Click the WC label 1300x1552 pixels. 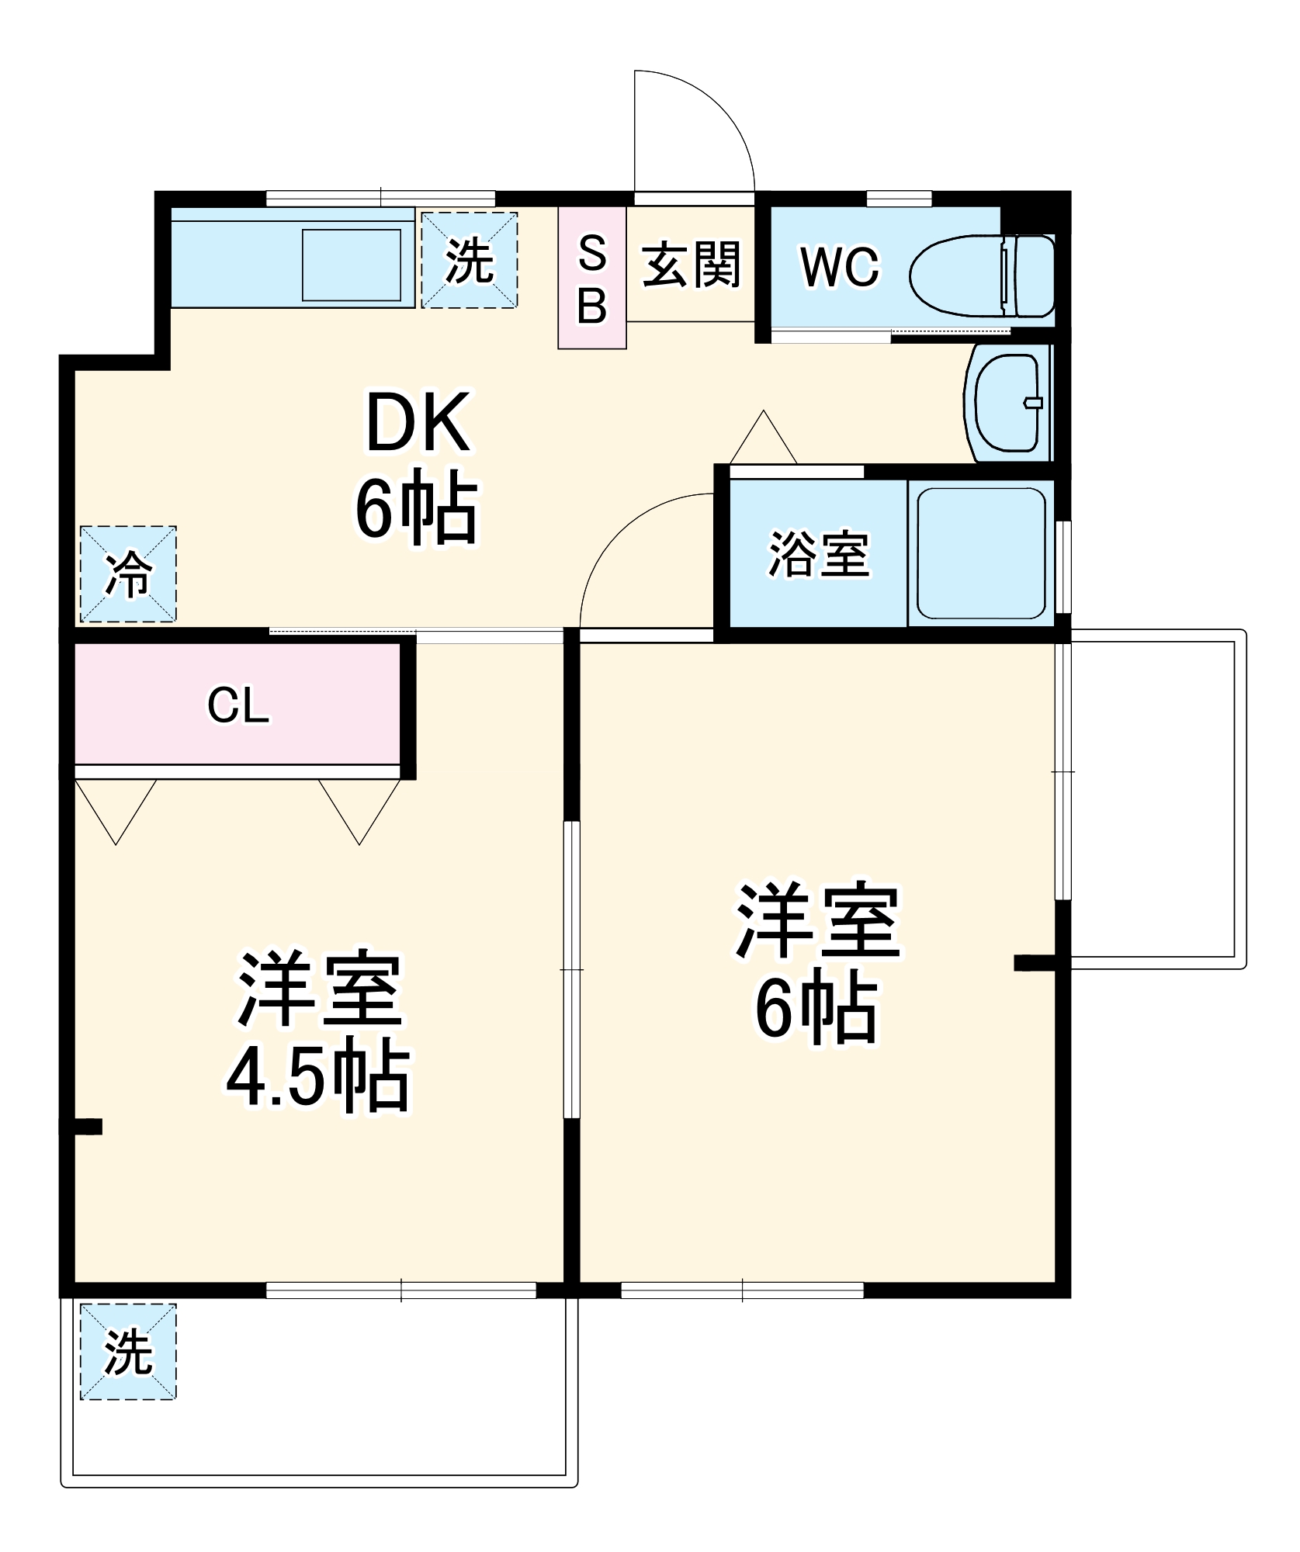click(x=840, y=268)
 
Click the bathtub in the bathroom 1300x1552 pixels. click(x=981, y=553)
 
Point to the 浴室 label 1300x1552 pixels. click(x=818, y=554)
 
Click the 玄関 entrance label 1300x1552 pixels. click(x=691, y=265)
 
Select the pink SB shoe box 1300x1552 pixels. click(x=591, y=277)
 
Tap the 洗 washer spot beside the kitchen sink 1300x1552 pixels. click(x=469, y=260)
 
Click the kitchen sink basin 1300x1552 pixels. click(x=351, y=265)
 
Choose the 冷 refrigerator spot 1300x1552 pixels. click(x=128, y=573)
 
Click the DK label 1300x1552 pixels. click(x=418, y=423)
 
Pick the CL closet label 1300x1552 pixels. click(x=237, y=706)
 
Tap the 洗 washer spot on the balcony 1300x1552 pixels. click(x=128, y=1352)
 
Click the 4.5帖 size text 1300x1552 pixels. click(x=318, y=1077)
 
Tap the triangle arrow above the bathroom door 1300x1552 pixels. click(x=764, y=440)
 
